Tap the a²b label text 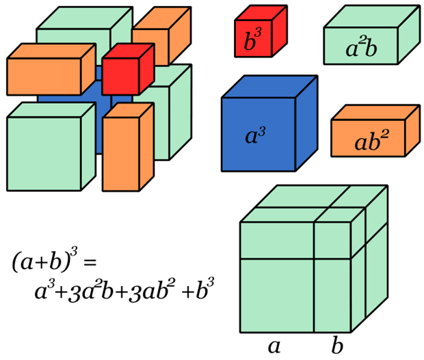(x=361, y=49)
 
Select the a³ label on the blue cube (x=255, y=135)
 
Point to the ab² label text (x=371, y=141)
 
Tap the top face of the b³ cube (x=260, y=14)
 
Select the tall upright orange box (x=120, y=154)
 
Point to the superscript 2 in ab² (x=384, y=134)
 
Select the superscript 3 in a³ (x=262, y=128)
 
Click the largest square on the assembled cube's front (x=277, y=294)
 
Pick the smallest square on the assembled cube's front (x=332, y=240)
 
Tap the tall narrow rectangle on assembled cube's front (x=332, y=294)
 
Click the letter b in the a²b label (x=371, y=49)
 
